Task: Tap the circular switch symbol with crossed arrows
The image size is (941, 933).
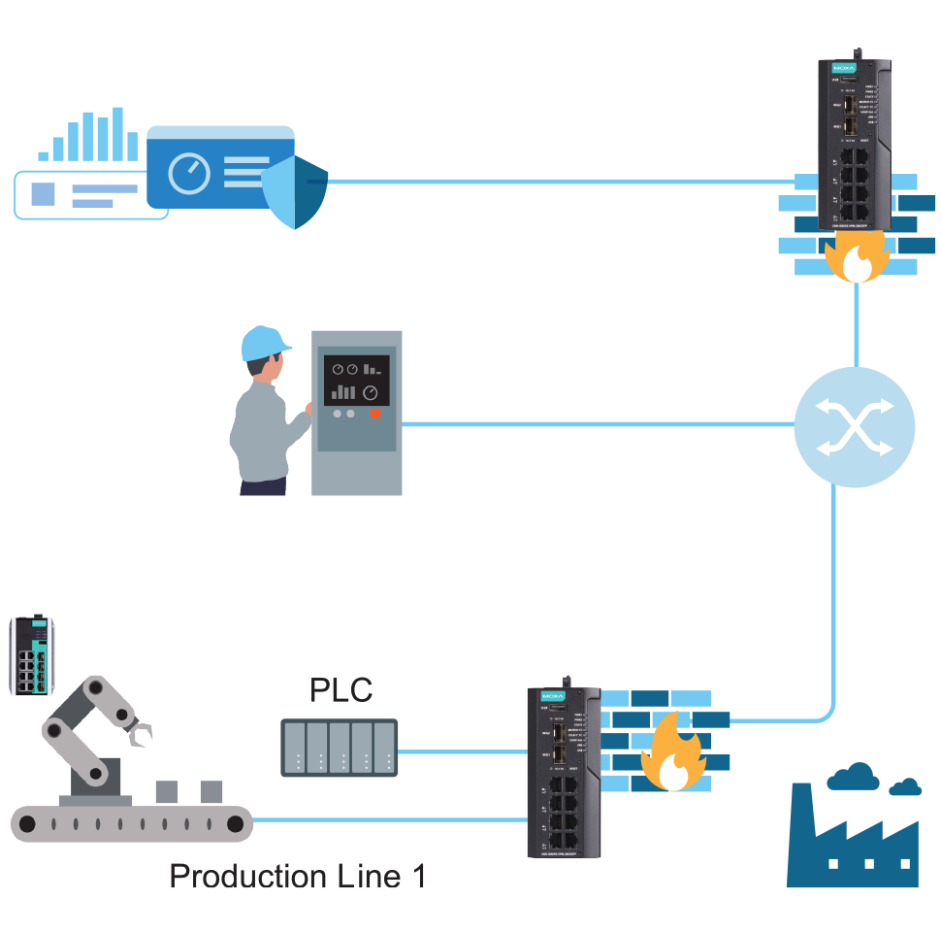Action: tap(854, 428)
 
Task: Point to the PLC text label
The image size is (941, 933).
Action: tap(341, 690)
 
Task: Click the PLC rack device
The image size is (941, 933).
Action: tap(340, 749)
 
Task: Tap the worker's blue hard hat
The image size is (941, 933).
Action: tap(264, 342)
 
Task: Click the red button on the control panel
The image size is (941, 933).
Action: tap(374, 414)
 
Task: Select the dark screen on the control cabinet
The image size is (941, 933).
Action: tap(356, 380)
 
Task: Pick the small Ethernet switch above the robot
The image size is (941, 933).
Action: tap(32, 656)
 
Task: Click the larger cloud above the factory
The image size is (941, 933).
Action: tap(853, 777)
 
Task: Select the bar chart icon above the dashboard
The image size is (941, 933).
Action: tap(89, 136)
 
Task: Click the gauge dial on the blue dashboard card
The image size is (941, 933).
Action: tap(189, 174)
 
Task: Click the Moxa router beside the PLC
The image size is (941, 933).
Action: tap(564, 772)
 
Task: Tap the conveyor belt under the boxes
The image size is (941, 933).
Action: tap(131, 824)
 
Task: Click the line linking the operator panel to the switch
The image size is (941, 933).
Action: tap(597, 424)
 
